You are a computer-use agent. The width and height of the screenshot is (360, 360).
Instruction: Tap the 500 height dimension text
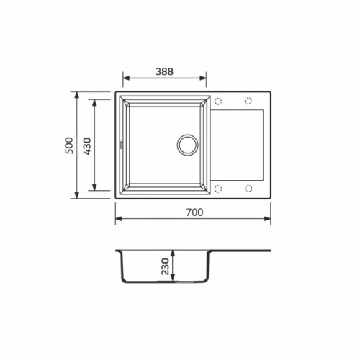[x=69, y=146]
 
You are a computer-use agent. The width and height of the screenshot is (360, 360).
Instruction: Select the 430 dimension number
[x=87, y=146]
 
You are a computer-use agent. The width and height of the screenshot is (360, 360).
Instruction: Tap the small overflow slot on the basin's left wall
[x=121, y=144]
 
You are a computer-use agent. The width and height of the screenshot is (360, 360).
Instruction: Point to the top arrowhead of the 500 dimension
[x=77, y=94]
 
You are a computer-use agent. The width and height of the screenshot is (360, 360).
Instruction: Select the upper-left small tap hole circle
[x=217, y=100]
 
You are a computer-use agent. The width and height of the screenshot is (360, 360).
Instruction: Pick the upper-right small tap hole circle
[x=248, y=100]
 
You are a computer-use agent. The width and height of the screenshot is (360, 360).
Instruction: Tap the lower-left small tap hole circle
[x=217, y=189]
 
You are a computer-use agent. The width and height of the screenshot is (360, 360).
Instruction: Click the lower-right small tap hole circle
[x=248, y=189]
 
